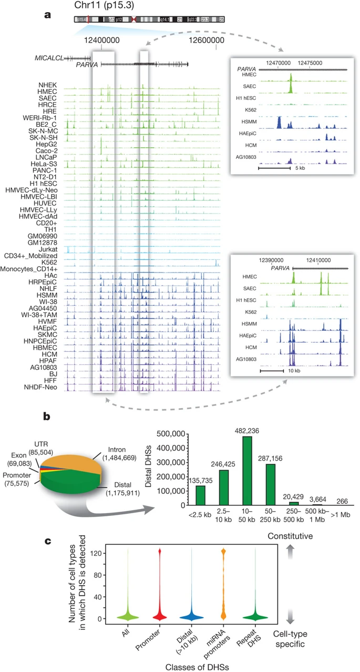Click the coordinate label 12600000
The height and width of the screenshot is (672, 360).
tap(215, 39)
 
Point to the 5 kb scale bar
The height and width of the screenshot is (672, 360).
tap(274, 168)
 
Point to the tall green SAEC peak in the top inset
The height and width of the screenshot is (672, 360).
tap(290, 83)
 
